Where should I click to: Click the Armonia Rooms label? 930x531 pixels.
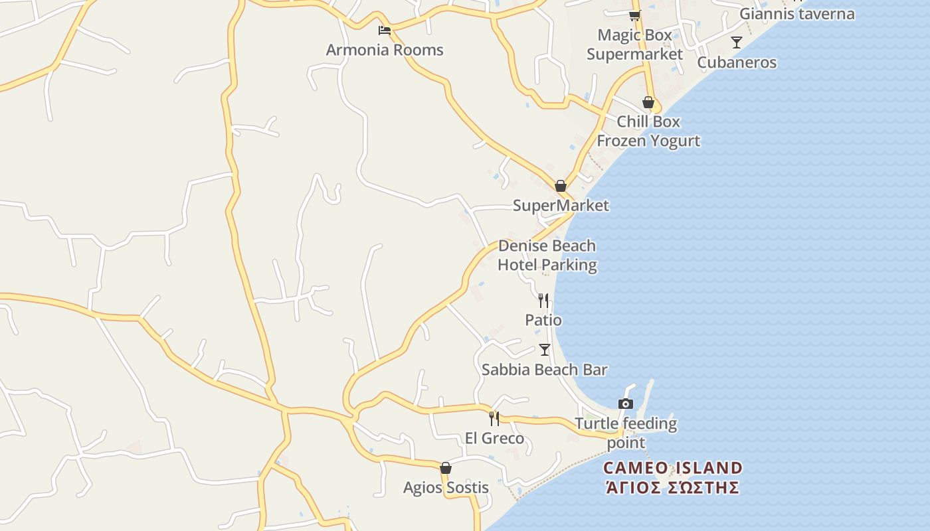click(x=385, y=50)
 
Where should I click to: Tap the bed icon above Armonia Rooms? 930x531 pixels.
click(x=384, y=30)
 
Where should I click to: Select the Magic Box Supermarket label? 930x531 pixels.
click(x=634, y=44)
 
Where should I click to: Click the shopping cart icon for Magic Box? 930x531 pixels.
click(x=634, y=15)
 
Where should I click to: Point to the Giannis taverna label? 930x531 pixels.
click(x=797, y=13)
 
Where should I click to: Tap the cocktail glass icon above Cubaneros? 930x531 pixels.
click(x=736, y=42)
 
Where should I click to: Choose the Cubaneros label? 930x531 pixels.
click(x=737, y=62)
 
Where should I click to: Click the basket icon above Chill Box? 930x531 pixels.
click(x=648, y=102)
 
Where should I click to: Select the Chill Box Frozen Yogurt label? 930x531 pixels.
click(x=648, y=131)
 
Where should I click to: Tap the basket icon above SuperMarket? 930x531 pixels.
click(x=561, y=186)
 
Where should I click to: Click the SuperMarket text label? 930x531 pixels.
click(x=561, y=206)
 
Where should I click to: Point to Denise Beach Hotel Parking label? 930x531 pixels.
click(x=547, y=256)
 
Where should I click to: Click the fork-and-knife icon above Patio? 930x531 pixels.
click(x=543, y=300)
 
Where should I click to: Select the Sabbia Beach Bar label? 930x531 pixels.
click(x=545, y=370)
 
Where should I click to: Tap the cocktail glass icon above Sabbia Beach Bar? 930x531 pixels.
click(x=545, y=350)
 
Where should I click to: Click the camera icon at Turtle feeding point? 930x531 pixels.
click(x=625, y=404)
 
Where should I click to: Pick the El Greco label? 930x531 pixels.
click(x=494, y=438)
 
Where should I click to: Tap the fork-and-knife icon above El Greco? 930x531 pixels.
click(x=494, y=418)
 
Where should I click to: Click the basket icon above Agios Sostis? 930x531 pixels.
click(x=446, y=468)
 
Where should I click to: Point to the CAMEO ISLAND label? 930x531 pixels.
click(x=672, y=468)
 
